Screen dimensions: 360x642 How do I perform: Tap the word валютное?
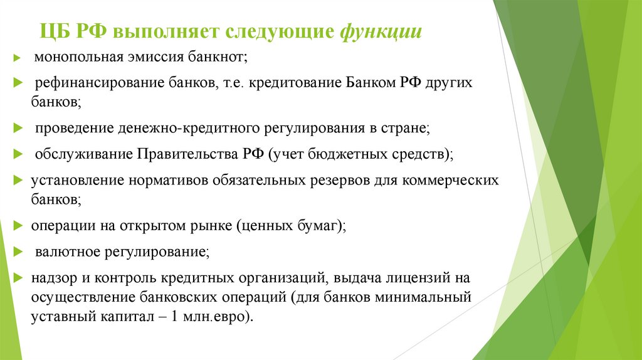(64, 251)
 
